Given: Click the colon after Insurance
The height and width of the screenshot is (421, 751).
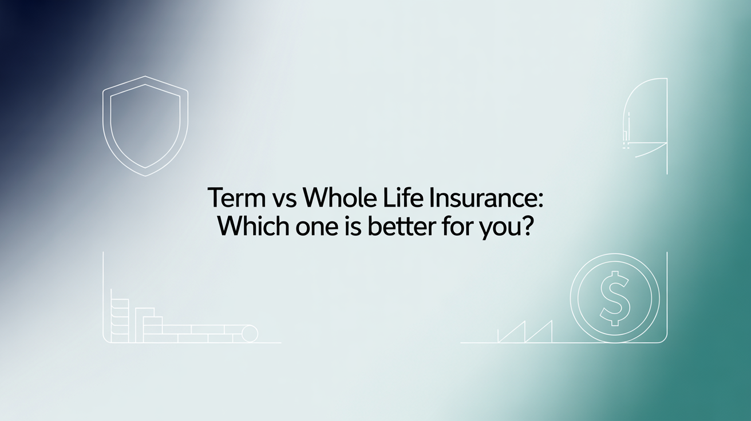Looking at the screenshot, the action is click(x=539, y=201).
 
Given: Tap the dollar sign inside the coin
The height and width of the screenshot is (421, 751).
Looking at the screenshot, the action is click(x=615, y=298).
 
